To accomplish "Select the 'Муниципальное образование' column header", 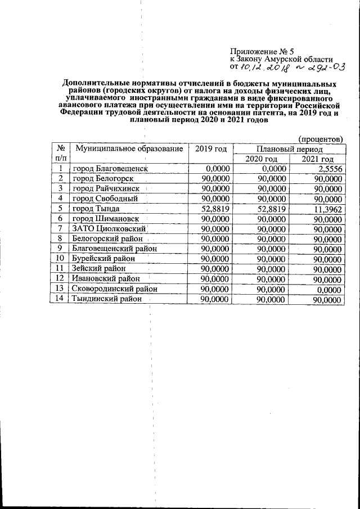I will (129, 149).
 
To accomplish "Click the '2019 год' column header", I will (210, 149).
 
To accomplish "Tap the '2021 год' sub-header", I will (317, 160).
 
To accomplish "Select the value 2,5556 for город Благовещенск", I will (330, 169).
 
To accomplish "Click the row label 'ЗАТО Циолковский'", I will (109, 229).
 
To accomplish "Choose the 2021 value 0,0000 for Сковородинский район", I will (330, 290).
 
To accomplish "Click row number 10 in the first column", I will (59, 259).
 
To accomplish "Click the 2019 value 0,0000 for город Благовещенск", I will (217, 169).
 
